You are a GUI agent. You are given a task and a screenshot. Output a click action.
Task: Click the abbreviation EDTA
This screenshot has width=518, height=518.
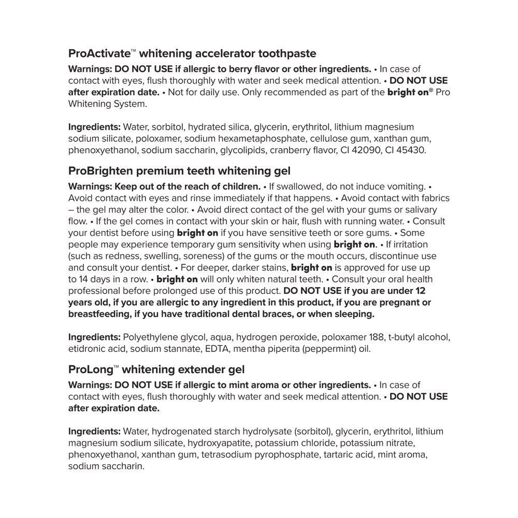(x=217, y=348)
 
